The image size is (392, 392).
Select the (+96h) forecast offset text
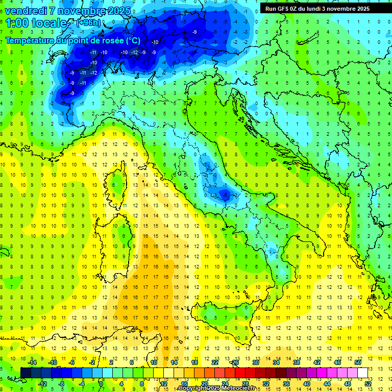coord(88,23)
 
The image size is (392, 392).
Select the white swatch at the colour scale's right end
coord(362,373)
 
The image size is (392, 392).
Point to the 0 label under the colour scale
coord(101,384)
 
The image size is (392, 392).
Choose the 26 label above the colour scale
coord(235,362)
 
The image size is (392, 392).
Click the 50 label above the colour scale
coord(357,362)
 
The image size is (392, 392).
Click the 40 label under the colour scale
coord(306,384)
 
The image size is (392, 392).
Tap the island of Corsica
coord(118,184)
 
